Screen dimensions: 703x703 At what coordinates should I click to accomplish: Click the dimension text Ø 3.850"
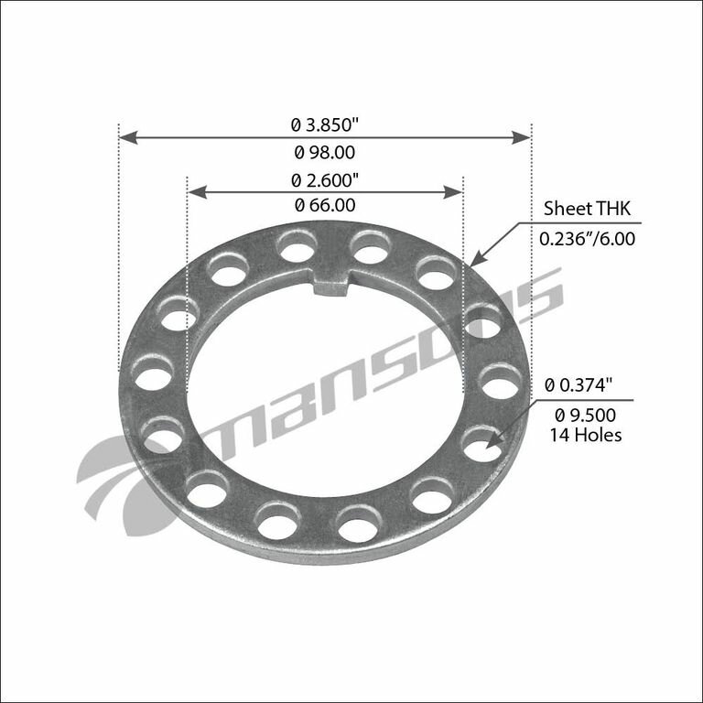325,122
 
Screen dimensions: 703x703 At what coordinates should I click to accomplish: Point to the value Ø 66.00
324,206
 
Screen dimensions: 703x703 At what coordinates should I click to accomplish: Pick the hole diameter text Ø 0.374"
582,385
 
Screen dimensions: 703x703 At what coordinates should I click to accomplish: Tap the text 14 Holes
586,435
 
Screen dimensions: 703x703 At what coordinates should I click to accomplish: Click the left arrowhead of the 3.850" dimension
128,137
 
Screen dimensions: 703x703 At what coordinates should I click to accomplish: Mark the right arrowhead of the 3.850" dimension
523,137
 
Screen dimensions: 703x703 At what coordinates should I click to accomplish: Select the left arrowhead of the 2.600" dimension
195,191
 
